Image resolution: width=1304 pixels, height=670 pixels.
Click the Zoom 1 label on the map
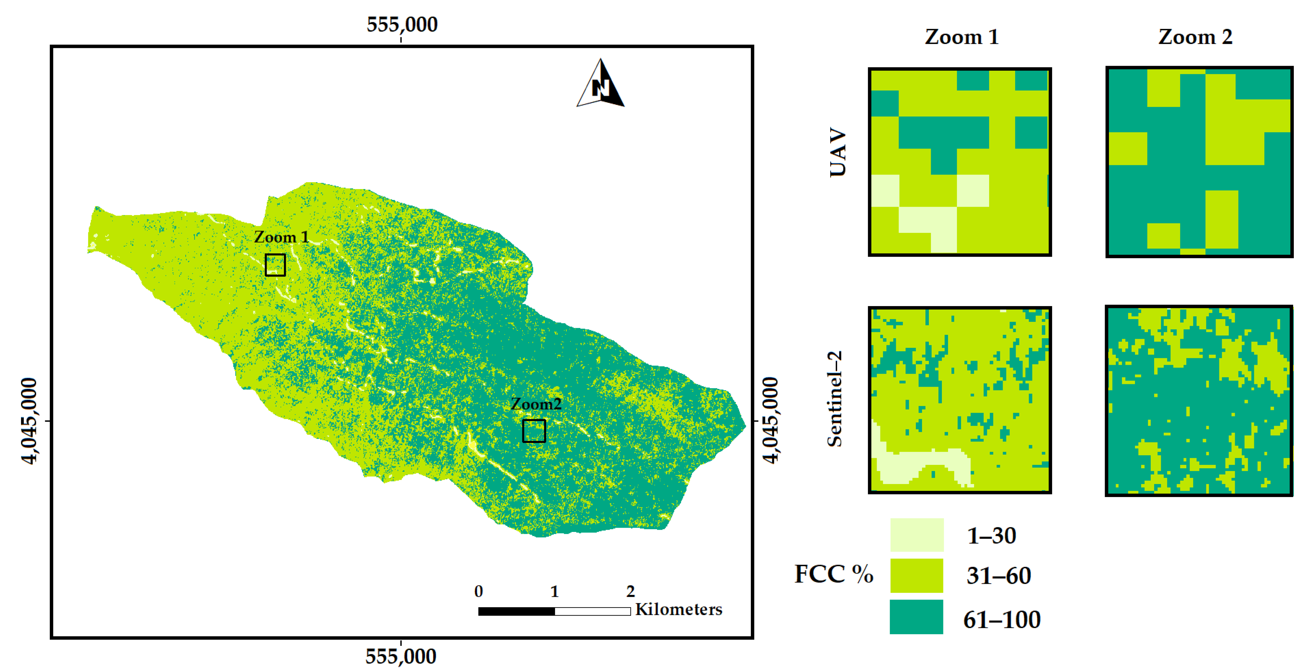[281, 237]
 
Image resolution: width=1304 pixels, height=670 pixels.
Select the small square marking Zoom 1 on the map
[275, 265]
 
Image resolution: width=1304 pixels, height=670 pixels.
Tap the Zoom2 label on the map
[536, 404]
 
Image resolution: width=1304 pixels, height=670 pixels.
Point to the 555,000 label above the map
[402, 24]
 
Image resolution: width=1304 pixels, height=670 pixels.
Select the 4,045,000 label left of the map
[29, 420]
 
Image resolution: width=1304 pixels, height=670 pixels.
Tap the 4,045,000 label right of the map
[770, 420]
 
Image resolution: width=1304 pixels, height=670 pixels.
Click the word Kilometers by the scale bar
[678, 609]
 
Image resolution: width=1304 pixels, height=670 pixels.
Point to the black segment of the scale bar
[516, 611]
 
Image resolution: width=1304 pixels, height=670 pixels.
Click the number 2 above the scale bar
[630, 591]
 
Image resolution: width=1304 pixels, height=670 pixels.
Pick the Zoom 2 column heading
[1195, 37]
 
